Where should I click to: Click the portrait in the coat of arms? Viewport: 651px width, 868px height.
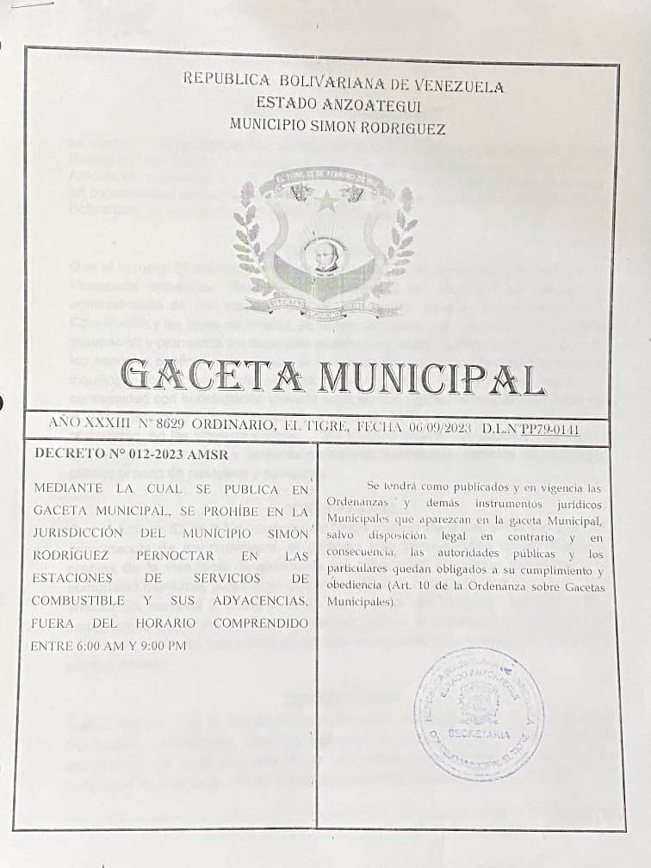click(325, 255)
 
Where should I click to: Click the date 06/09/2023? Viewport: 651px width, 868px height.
click(441, 426)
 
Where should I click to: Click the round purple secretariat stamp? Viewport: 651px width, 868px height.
click(478, 713)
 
